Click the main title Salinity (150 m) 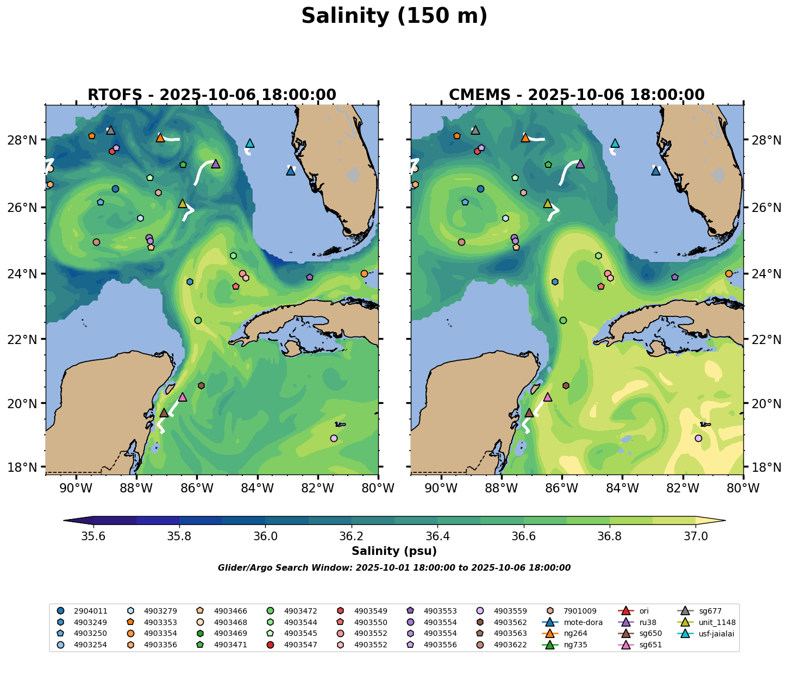394,16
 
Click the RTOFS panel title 212,95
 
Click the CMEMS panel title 577,95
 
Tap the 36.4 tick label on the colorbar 437,536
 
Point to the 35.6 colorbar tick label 93,536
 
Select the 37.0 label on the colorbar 695,536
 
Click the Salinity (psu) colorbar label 394,551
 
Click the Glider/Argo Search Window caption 394,568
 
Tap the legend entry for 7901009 563,611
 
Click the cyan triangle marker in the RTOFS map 250,143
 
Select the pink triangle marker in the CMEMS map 548,397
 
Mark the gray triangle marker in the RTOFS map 111,130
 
